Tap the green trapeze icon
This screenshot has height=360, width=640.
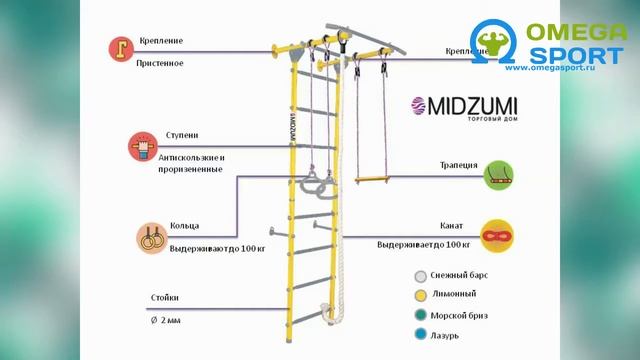tap(500, 176)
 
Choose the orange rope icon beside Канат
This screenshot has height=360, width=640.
tap(497, 235)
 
